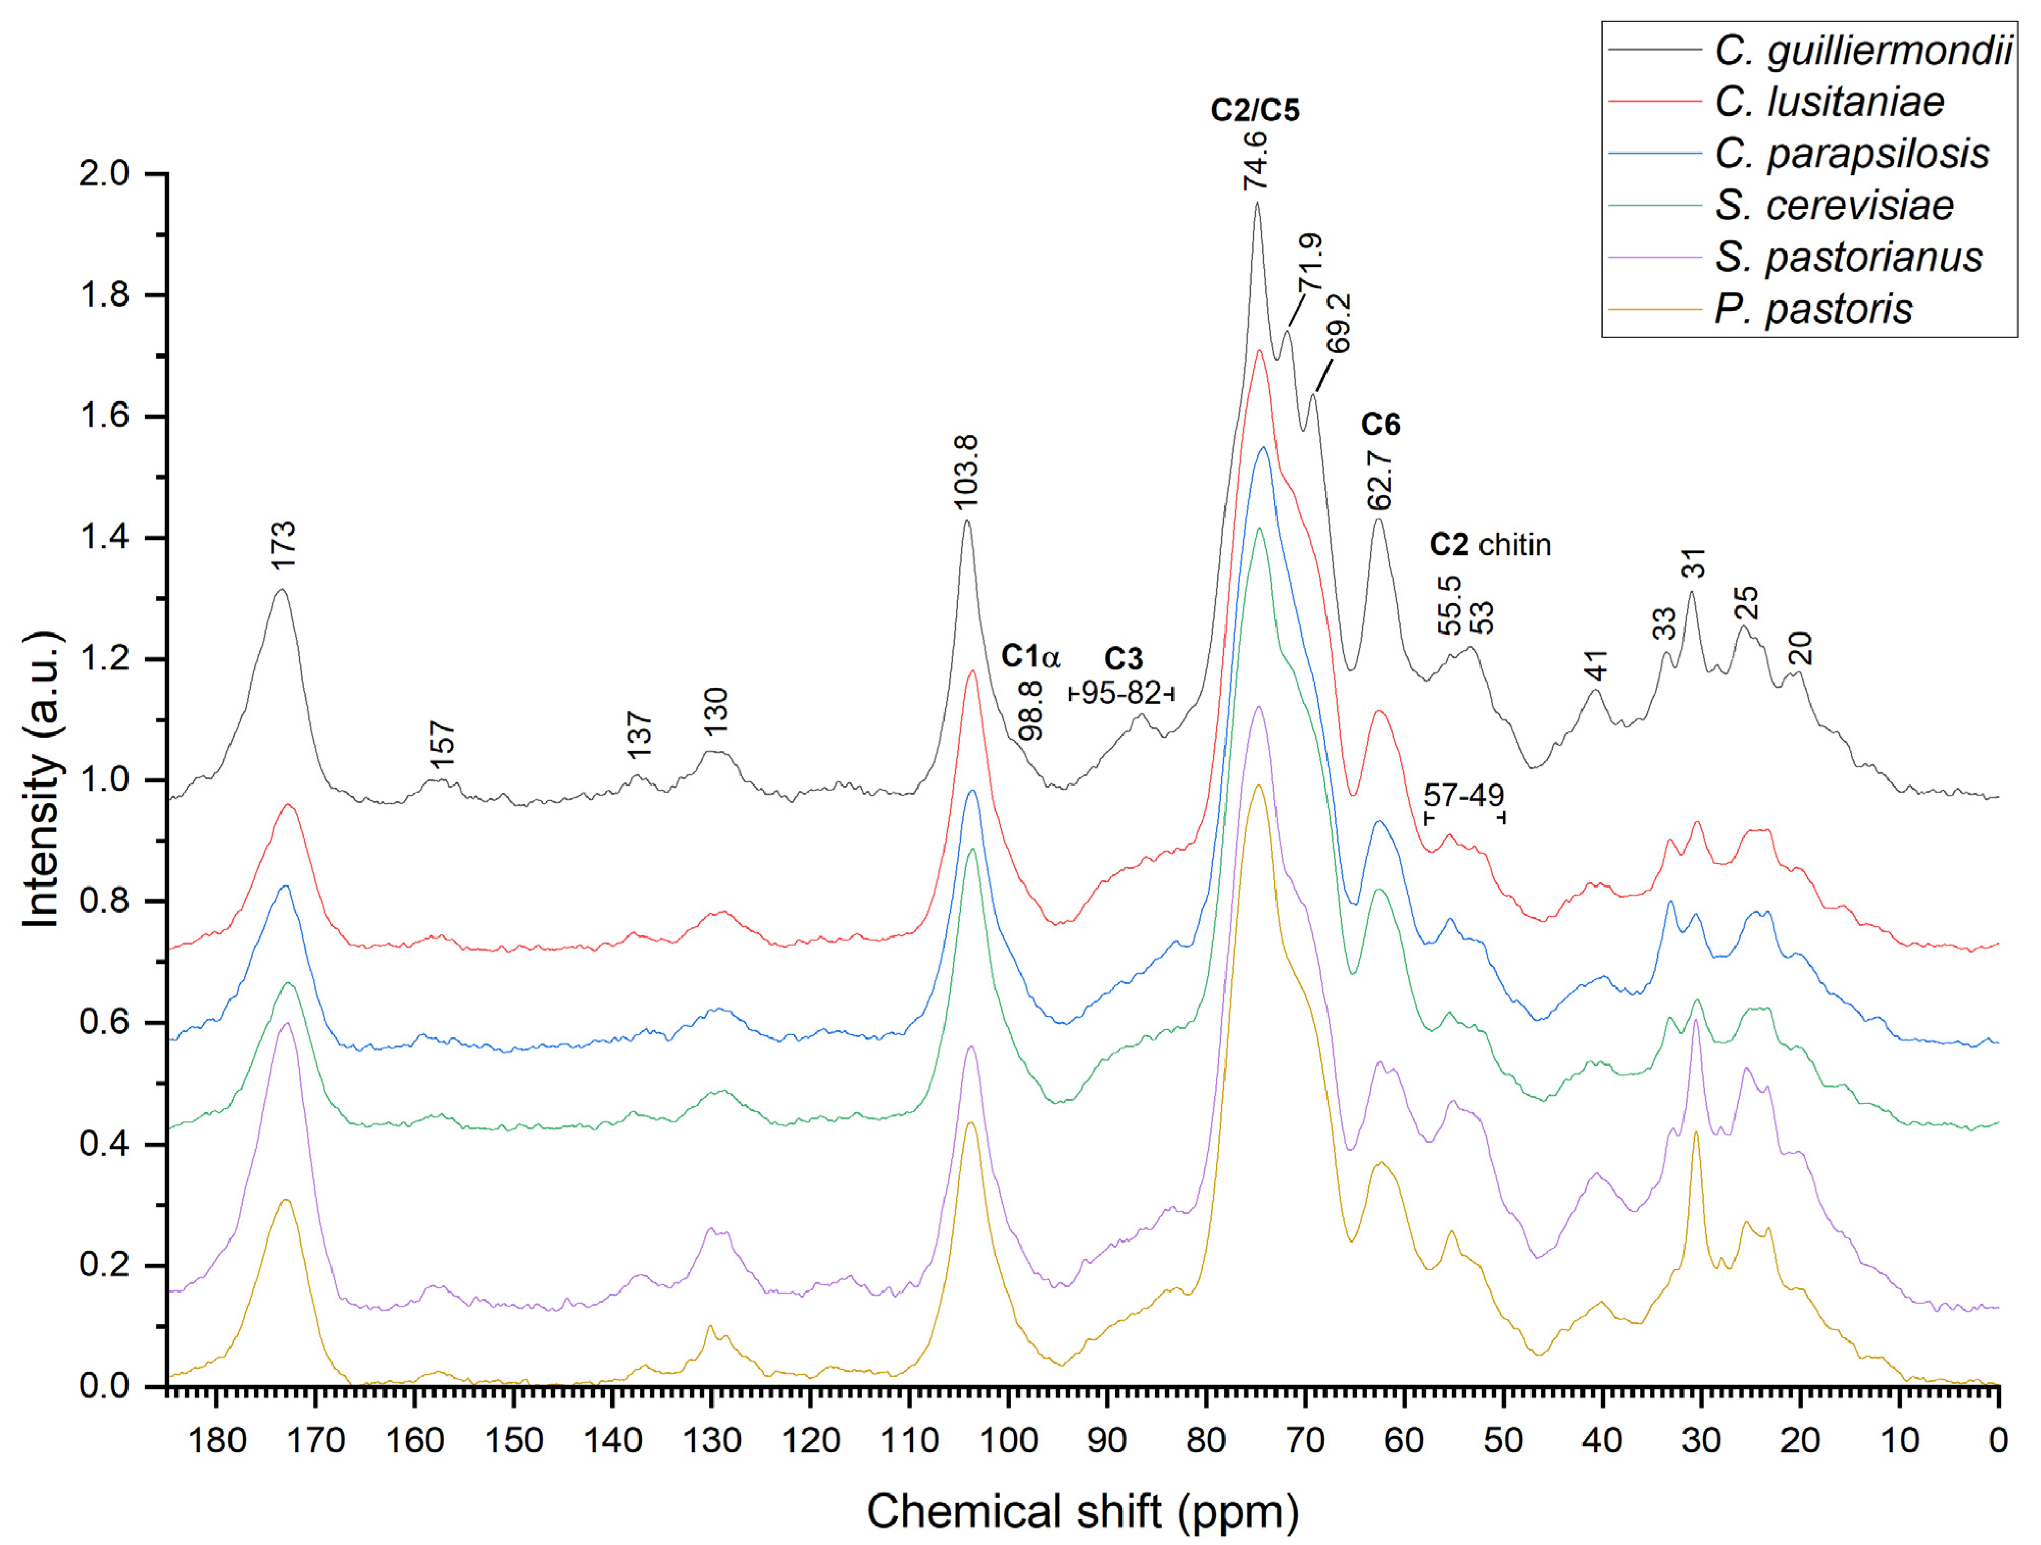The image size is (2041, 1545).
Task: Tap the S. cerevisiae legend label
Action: (1833, 205)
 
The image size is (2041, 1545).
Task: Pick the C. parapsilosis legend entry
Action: (1851, 153)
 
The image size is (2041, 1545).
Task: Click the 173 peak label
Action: (283, 545)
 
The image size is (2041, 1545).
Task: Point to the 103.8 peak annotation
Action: (965, 472)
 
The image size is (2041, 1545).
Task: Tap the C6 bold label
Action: (1381, 424)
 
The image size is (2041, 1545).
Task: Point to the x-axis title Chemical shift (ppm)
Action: (1082, 1512)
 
